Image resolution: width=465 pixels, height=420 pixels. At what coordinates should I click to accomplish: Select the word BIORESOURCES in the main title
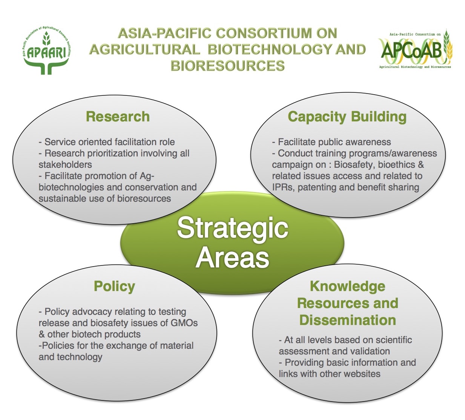[227, 66]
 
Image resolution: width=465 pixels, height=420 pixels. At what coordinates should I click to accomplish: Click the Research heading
[118, 116]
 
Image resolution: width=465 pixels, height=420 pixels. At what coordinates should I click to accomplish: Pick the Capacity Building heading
[347, 116]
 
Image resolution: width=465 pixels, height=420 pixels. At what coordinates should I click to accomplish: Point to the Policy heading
[114, 286]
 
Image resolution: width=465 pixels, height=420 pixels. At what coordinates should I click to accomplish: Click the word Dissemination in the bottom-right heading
[347, 320]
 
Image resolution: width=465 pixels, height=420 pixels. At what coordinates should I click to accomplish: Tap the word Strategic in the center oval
[232, 228]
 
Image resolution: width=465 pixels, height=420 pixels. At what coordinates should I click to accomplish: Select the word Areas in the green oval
[232, 258]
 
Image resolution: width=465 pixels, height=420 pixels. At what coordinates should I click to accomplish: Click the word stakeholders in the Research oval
[65, 165]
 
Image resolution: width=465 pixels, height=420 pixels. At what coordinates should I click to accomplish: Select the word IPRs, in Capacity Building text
[283, 187]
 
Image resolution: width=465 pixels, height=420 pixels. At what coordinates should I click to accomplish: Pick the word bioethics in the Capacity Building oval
[397, 165]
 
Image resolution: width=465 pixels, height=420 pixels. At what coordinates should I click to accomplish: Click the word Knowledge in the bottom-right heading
[347, 286]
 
